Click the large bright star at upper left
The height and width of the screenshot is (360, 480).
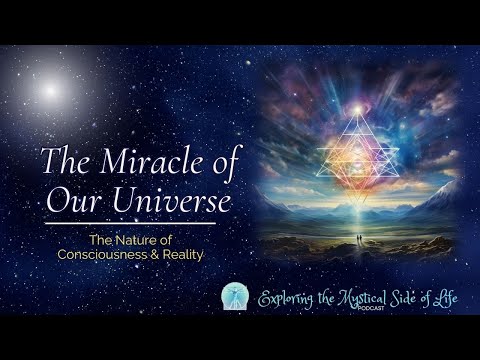coord(49,93)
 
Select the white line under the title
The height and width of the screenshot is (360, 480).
coord(129,223)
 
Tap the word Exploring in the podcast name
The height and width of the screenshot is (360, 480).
coord(291,299)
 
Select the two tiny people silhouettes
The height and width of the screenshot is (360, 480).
coord(357,237)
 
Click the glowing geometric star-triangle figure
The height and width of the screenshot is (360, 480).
coord(357,150)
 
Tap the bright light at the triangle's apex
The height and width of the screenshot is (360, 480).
coord(357,107)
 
